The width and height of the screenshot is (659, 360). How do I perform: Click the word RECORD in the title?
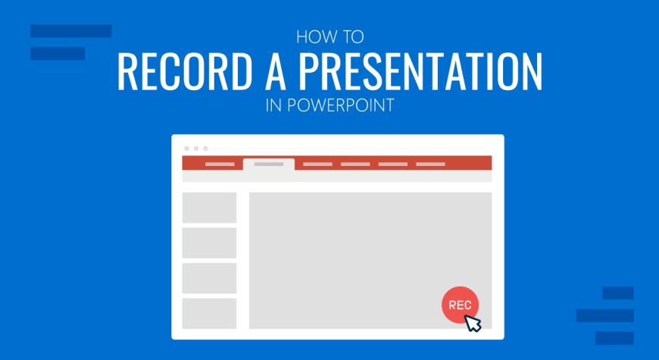184,70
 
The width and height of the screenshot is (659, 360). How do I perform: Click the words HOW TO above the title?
330,37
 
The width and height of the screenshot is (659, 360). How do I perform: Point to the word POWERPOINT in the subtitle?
339,105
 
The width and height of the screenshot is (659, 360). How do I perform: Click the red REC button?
460,305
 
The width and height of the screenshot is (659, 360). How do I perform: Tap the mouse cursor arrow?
473,323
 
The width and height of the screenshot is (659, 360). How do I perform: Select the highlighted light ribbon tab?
269,164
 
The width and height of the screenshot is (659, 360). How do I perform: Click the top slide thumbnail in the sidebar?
209,208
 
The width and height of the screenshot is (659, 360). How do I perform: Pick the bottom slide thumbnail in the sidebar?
209,314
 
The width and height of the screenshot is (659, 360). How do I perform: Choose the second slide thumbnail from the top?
209,243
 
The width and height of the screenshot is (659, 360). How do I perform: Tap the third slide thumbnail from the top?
209,278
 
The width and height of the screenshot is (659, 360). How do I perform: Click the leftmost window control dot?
186,149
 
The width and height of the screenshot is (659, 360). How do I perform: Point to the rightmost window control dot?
205,149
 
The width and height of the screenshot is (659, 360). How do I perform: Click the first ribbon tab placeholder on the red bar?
220,164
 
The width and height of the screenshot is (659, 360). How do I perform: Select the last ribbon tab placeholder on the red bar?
430,164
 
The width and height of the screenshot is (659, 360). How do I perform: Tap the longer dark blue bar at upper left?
71,31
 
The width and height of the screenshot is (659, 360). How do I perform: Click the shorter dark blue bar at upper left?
58,53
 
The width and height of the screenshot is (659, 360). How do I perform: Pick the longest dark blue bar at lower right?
604,316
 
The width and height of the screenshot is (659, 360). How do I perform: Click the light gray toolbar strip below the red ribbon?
337,177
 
